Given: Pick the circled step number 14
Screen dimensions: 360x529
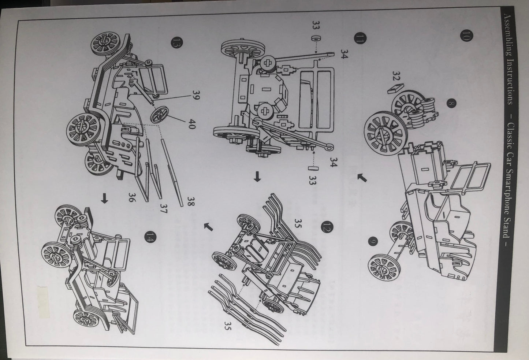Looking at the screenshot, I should (149, 237).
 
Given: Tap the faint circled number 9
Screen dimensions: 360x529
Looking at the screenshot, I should (373, 241).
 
